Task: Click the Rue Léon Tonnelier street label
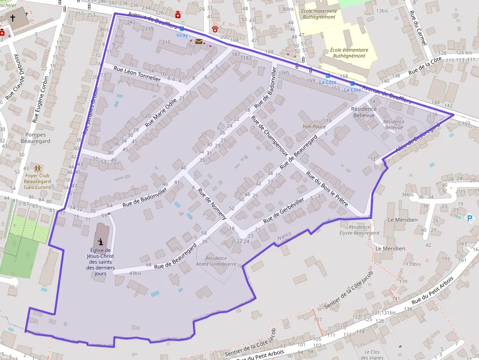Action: (137, 74)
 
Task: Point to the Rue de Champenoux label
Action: (269, 135)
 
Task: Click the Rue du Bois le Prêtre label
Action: (327, 189)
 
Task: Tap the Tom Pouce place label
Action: (314, 127)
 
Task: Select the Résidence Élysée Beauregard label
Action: (359, 230)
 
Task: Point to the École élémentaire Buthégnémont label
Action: (348, 53)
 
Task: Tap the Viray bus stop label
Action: (182, 35)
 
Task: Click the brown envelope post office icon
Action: (199, 42)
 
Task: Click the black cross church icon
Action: (13, 18)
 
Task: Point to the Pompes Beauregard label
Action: (36, 138)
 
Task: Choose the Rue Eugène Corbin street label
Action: (41, 99)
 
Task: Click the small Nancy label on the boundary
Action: (283, 235)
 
